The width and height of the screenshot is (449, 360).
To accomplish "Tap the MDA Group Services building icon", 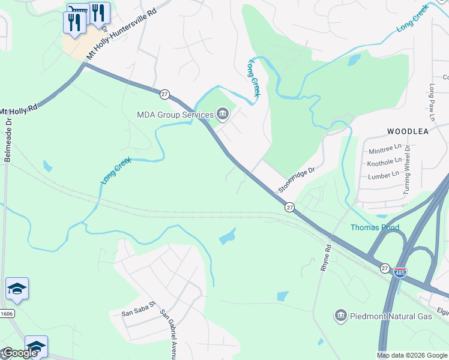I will click(x=223, y=113).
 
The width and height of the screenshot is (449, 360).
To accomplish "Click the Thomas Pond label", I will click(x=375, y=227).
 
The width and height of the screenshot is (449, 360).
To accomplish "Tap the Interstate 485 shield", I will click(x=400, y=272).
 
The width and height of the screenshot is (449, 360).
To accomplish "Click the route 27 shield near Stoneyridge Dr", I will click(x=289, y=206).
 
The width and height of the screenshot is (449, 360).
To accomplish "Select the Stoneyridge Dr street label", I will click(x=297, y=180).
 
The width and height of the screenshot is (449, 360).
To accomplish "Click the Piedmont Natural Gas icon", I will click(x=340, y=316).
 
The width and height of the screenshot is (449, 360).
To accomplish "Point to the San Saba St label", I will click(x=139, y=313).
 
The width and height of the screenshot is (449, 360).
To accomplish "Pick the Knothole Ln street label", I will click(x=384, y=162).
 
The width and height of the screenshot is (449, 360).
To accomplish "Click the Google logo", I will click(x=19, y=352).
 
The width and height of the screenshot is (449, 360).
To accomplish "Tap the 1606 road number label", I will click(x=5, y=314).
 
